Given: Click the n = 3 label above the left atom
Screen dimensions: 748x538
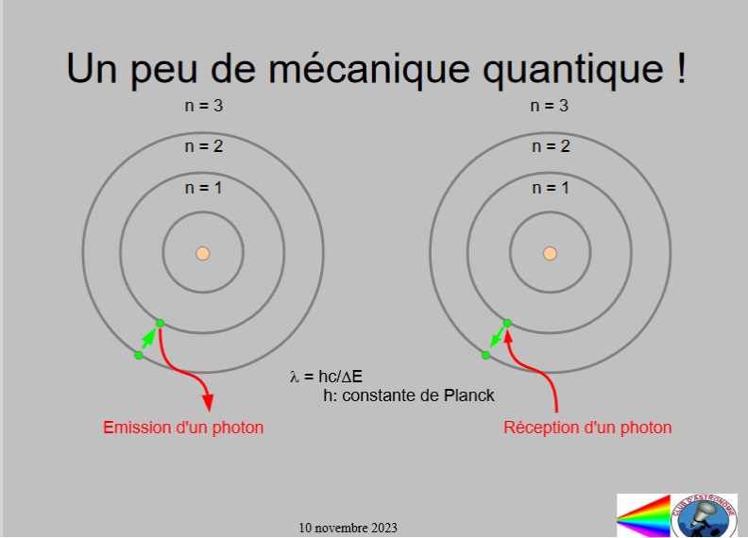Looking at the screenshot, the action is point(204,106).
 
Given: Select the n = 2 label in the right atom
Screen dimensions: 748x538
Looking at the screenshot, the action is point(551,146).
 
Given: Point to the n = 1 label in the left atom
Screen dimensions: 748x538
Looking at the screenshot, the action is point(204,188).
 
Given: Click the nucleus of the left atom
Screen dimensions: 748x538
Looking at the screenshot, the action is point(203,253).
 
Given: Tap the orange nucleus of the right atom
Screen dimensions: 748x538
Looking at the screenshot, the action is point(550,253).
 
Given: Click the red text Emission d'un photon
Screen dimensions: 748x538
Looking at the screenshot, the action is point(183,428).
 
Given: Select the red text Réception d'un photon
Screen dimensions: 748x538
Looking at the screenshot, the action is point(587,427).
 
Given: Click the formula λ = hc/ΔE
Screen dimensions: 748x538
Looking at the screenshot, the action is point(326,377).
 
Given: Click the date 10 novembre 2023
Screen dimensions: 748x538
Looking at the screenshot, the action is point(348,528).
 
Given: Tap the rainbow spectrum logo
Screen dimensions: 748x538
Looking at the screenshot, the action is point(643,515).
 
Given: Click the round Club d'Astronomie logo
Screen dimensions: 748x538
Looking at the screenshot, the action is point(704,516).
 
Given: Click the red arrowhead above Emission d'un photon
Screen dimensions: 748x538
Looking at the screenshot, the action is point(208,403).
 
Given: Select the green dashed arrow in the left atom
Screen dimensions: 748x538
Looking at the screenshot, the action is point(149,339).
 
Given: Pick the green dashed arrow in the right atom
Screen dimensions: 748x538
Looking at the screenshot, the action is point(497,338).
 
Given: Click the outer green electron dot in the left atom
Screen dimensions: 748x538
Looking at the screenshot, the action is point(139,355).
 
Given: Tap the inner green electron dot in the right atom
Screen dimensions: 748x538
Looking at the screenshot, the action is point(507,323).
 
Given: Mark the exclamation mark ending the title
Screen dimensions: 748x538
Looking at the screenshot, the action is point(681,68).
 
